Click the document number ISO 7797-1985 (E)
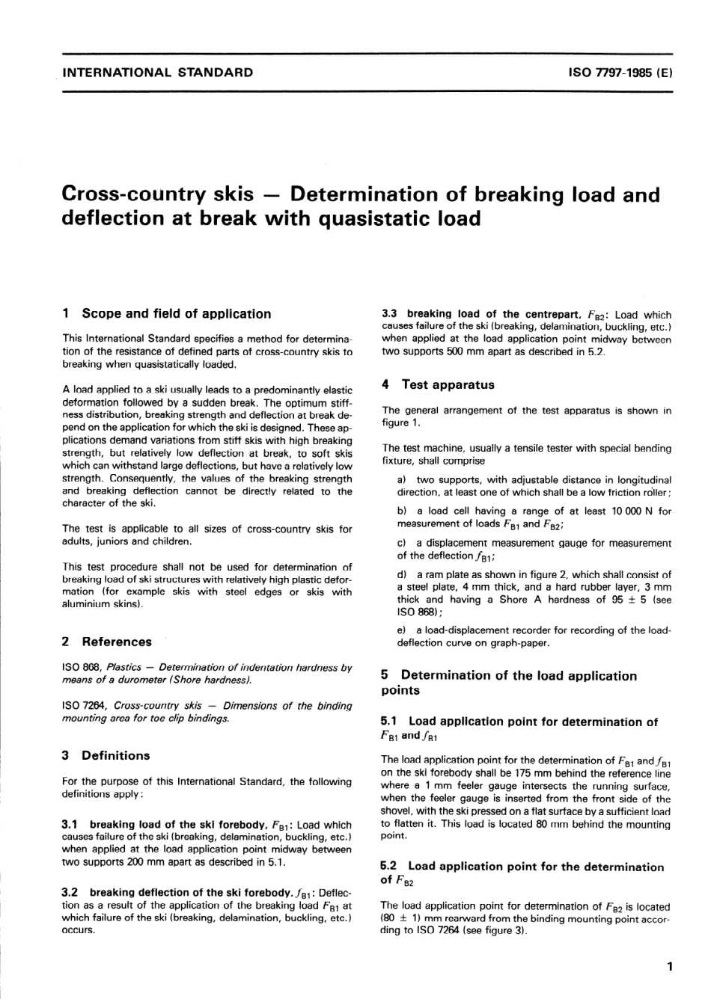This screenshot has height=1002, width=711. (620, 73)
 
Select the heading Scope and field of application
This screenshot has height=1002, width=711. (176, 313)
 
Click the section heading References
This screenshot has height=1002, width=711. (116, 642)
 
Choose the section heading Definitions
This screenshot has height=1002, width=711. (115, 755)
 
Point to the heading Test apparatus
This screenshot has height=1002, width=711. (448, 384)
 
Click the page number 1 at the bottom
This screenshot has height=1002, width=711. (670, 967)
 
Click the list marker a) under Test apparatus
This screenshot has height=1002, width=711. (402, 480)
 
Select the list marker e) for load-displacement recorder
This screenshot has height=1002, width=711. (402, 630)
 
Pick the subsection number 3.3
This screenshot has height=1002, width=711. (390, 314)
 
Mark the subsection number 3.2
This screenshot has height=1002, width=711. (71, 892)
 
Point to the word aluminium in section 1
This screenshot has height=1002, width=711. (85, 604)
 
